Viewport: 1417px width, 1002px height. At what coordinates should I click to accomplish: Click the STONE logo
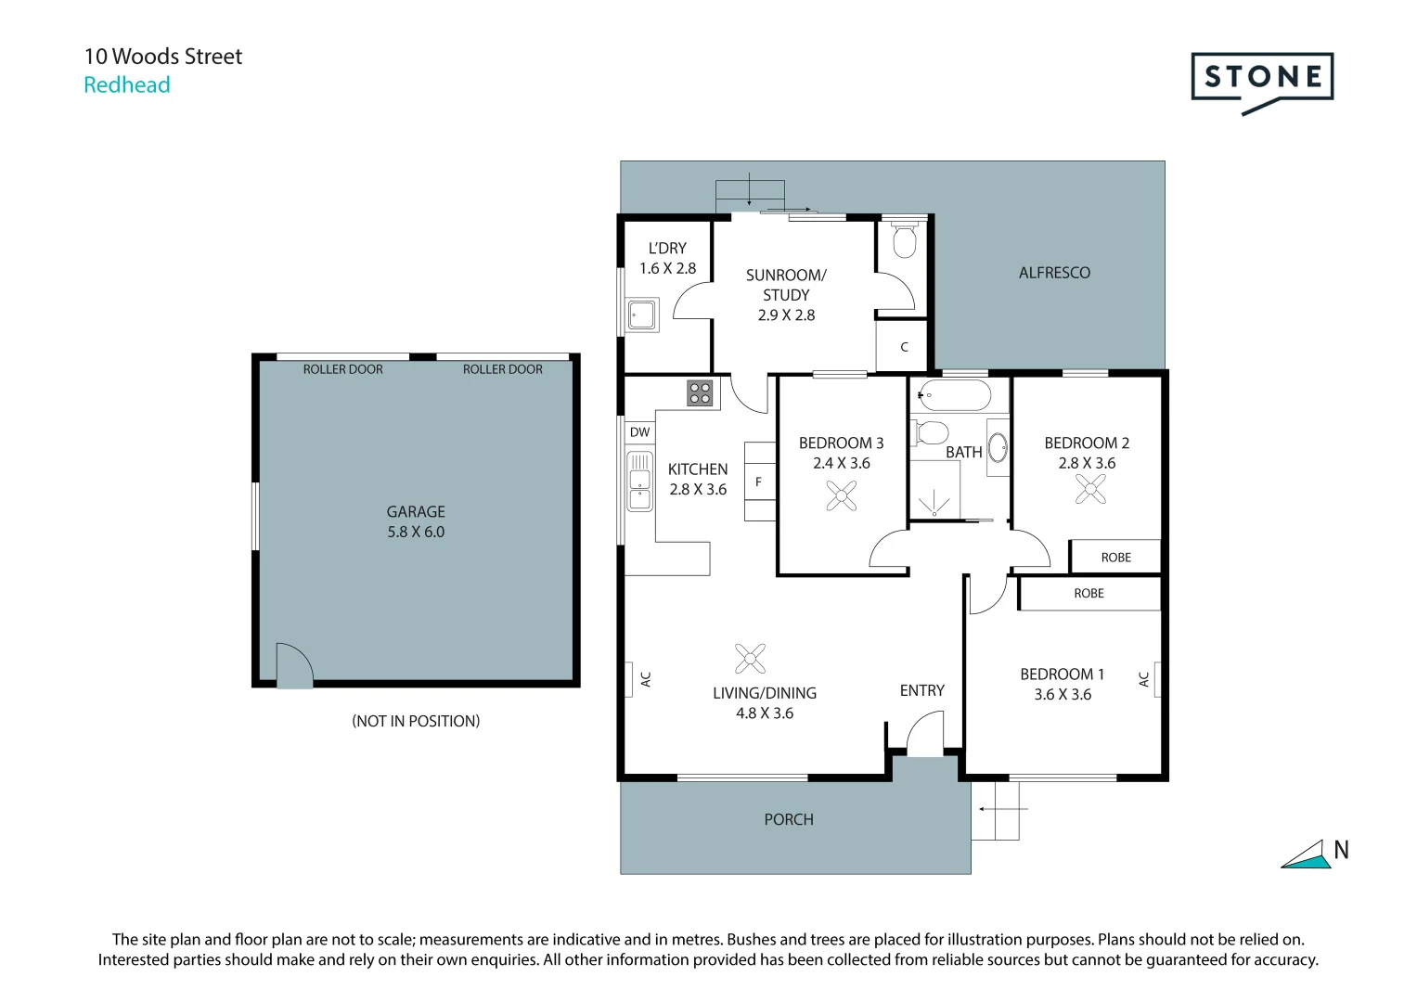pos(1261,78)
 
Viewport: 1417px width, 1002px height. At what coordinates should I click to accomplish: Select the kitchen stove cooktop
pos(700,393)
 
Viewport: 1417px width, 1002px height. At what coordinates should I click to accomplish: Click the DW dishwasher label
pos(639,432)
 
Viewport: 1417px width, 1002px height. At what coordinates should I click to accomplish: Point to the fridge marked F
pos(759,482)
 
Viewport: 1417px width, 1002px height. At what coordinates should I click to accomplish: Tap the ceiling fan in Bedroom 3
pos(842,496)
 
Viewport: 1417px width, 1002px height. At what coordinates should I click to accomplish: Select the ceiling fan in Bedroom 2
pos(1090,489)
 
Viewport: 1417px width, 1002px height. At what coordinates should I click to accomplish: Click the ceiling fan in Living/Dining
pos(750,658)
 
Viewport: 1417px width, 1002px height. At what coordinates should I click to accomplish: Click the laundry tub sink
pos(641,315)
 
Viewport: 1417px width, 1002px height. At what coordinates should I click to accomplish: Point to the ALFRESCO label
pos(1054,273)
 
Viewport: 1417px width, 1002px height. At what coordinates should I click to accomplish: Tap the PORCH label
pos(788,819)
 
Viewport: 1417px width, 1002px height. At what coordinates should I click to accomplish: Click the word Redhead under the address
pos(127,85)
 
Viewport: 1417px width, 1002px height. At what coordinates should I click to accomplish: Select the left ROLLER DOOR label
pos(342,369)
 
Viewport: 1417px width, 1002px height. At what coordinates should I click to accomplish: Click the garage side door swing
pos(294,664)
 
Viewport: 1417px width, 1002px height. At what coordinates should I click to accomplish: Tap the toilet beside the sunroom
pos(903,240)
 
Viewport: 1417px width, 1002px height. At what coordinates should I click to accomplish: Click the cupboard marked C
pos(903,346)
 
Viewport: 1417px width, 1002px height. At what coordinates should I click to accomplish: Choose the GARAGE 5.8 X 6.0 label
pos(416,521)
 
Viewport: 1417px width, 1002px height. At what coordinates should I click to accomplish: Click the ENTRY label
pos(921,690)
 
